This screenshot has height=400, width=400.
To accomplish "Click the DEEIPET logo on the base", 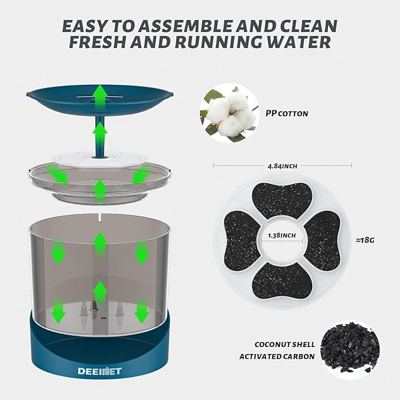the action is click(100, 371).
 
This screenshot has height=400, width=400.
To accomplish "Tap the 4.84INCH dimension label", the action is click(282, 166).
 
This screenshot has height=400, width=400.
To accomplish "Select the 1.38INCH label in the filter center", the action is click(282, 235).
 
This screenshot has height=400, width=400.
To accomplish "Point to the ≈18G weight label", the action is click(365, 240).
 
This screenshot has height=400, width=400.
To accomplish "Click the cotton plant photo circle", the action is click(229, 113).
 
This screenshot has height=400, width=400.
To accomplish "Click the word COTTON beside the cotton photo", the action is click(293, 114).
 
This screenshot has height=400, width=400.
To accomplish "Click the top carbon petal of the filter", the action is click(282, 200).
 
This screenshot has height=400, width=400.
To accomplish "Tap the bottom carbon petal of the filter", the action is click(282, 280).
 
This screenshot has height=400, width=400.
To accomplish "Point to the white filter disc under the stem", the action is click(100, 159).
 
